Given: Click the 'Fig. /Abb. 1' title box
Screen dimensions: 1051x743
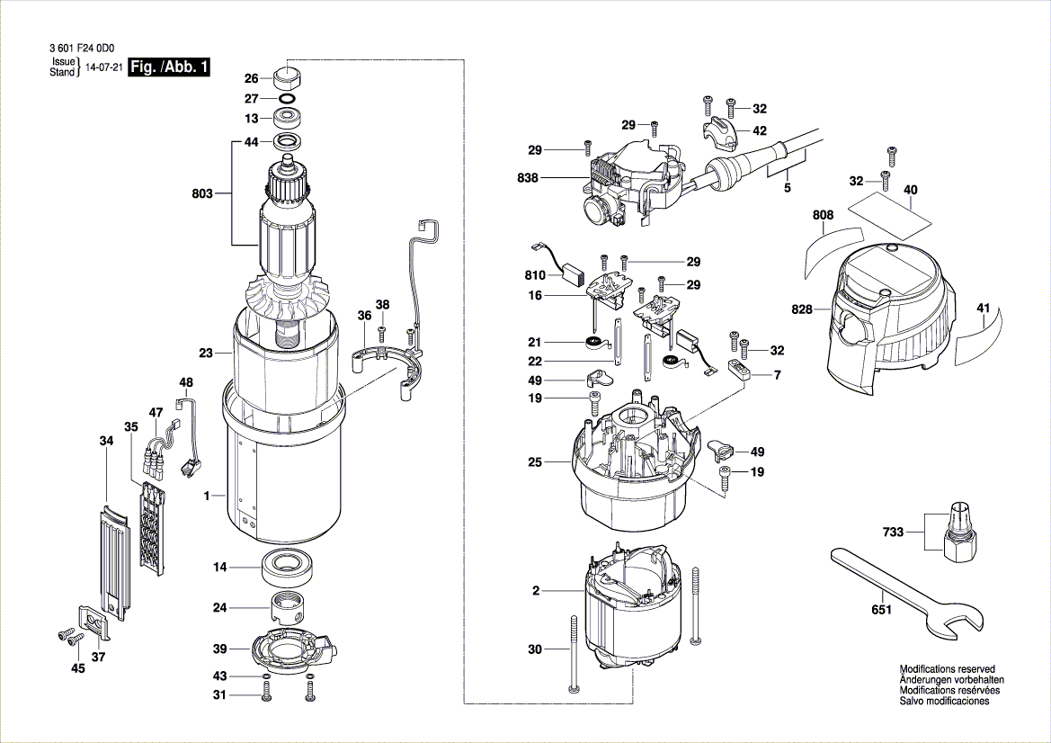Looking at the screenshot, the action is coord(169,67).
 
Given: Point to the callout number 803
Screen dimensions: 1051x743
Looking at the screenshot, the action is coord(201,193).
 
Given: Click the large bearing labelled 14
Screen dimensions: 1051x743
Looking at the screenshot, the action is coord(289,567).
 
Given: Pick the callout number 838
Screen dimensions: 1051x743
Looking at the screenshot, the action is coord(528,178).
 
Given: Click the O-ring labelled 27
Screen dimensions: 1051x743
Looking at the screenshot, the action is coord(289,99).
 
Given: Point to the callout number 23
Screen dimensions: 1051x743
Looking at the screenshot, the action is coord(206,353).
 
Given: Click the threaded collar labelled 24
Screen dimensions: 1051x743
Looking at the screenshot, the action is coord(289,607).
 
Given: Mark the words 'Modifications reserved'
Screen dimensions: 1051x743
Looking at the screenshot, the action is coord(947,669).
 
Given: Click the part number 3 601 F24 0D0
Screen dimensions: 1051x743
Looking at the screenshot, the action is coord(82,49).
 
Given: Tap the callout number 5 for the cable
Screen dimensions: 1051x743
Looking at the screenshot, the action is coord(787,188).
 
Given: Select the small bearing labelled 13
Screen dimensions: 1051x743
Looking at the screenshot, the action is coord(289,121).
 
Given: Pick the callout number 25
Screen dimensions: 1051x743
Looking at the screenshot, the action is coord(535,462).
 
